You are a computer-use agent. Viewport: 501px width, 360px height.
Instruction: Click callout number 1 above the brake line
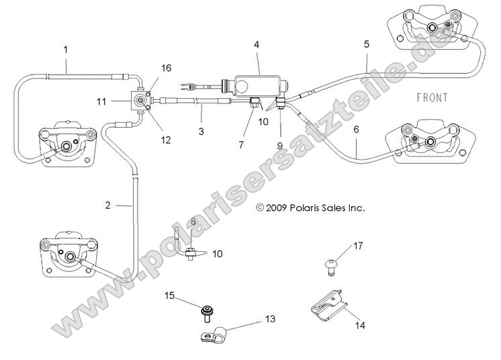[x=65, y=49]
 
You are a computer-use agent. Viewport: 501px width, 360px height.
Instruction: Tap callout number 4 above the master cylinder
[x=257, y=44]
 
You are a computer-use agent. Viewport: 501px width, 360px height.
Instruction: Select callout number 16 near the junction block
[x=165, y=69]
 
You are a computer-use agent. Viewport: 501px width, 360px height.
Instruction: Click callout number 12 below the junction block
[x=165, y=140]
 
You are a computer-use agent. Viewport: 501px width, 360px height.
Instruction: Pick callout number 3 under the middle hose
[x=201, y=133]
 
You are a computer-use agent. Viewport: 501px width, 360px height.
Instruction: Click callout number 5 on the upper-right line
[x=366, y=44]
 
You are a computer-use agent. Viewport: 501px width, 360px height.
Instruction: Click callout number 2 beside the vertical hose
[x=107, y=205]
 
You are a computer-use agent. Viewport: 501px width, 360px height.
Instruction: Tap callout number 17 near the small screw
[x=357, y=246]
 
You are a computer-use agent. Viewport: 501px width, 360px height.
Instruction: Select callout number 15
[x=171, y=295]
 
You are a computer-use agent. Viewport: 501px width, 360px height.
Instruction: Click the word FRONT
[x=432, y=98]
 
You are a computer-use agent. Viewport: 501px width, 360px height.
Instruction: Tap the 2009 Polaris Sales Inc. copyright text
[x=310, y=208]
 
